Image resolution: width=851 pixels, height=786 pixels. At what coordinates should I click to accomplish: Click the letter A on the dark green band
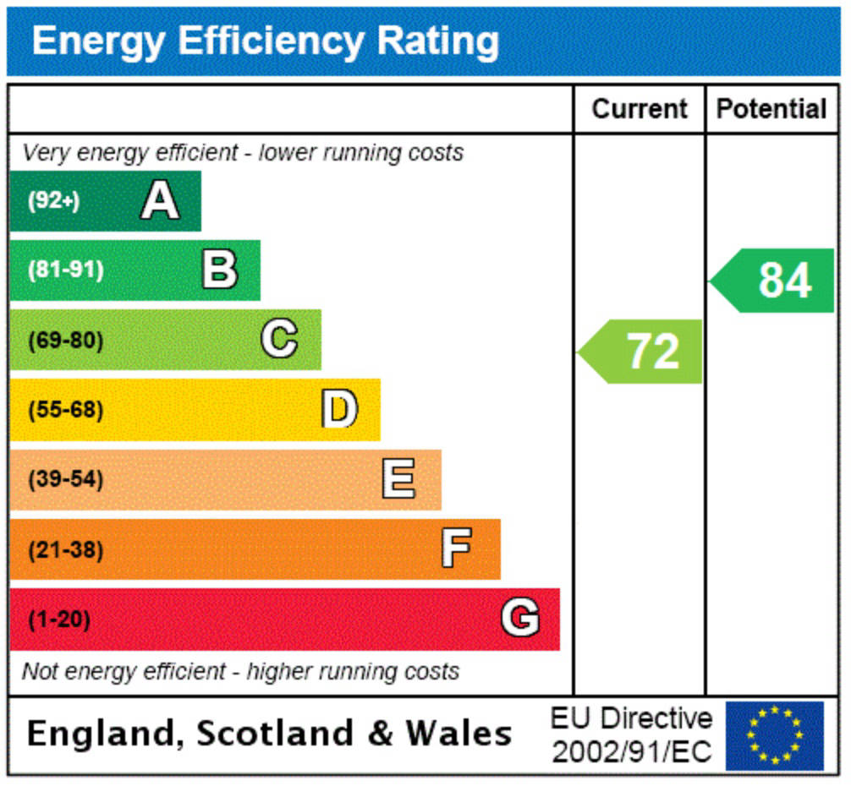(x=160, y=200)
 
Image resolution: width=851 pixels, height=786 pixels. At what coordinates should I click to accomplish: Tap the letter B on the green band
(x=220, y=269)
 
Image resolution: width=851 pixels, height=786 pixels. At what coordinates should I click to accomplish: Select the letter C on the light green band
(x=279, y=339)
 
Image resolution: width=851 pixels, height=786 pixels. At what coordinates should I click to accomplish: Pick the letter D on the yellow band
(x=340, y=408)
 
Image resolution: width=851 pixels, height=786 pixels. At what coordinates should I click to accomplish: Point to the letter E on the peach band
(x=399, y=478)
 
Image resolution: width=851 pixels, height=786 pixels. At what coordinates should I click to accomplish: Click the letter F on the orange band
(x=457, y=548)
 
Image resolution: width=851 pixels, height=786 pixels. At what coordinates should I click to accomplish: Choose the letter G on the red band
(x=520, y=617)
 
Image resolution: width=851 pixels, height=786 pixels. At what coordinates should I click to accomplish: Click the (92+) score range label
(x=54, y=200)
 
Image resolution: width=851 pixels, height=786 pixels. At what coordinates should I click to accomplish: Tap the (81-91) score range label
(x=66, y=270)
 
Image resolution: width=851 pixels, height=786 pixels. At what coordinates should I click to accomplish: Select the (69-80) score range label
(x=66, y=341)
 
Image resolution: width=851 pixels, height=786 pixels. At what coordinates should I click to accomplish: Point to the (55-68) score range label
(x=66, y=410)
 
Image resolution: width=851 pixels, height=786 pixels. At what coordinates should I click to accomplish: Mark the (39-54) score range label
(x=66, y=479)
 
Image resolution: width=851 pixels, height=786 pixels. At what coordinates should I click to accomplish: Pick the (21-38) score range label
(x=66, y=549)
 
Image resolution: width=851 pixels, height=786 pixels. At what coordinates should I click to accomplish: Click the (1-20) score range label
(x=59, y=619)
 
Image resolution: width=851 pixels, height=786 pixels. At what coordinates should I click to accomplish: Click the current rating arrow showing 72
(x=640, y=352)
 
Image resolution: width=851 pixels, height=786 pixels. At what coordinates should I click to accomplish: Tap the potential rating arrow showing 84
(x=771, y=281)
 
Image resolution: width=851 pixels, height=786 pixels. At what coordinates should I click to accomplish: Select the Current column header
(x=640, y=109)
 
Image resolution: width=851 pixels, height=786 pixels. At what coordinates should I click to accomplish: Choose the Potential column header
(x=771, y=109)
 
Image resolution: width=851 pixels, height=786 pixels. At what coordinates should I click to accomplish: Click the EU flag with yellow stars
(x=775, y=735)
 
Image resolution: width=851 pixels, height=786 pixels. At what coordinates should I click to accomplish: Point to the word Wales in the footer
(x=459, y=734)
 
